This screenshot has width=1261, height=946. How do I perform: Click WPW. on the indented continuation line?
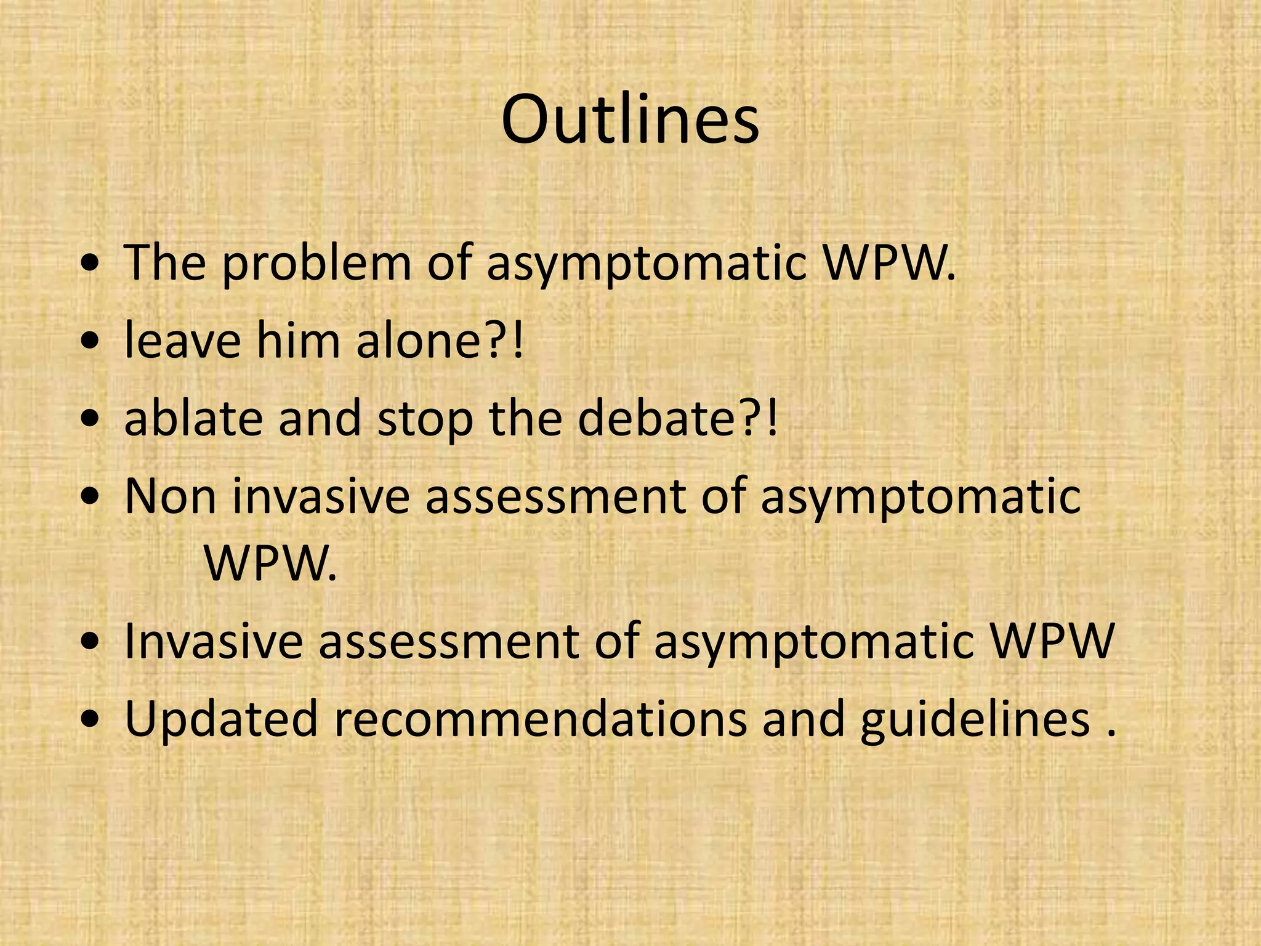click(271, 564)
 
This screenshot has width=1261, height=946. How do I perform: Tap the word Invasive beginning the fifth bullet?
click(213, 642)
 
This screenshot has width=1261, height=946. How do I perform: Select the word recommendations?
click(540, 719)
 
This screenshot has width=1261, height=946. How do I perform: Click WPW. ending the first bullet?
click(890, 264)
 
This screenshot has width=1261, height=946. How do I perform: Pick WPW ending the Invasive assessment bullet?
click(1054, 642)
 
